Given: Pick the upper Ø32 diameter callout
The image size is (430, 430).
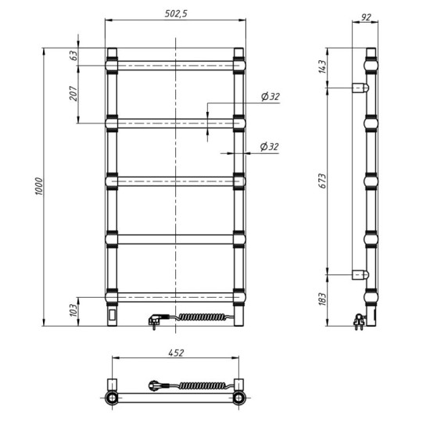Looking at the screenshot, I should [270, 97].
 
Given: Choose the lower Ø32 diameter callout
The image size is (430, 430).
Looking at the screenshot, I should [270, 146].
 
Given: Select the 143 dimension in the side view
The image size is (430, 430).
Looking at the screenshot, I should [322, 67].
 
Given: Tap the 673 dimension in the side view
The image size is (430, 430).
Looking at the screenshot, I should [322, 180].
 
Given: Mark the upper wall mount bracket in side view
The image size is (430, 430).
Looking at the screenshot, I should [362, 88].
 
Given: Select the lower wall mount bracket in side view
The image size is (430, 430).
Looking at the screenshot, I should [362, 274].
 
